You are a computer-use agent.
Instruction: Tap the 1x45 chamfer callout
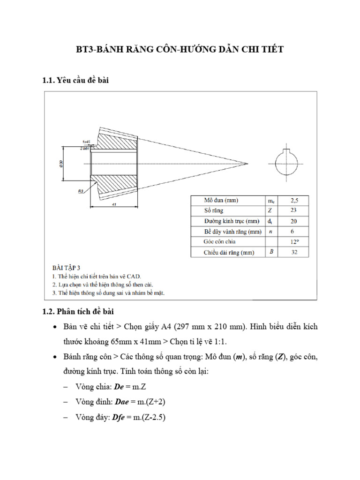[86, 141]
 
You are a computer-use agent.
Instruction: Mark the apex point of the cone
[247, 164]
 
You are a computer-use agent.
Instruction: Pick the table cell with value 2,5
[294, 200]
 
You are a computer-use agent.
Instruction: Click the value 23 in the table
[294, 210]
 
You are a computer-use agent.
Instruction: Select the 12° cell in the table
[294, 242]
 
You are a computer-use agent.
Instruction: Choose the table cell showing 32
[294, 253]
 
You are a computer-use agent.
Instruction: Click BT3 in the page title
[86, 49]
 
